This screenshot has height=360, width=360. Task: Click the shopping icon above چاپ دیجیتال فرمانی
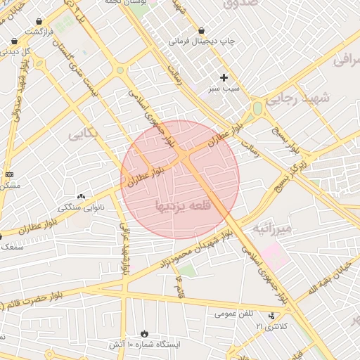point(202,30)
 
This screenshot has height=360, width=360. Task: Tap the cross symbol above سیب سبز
point(224,77)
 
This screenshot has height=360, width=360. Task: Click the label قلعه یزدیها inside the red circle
point(180,207)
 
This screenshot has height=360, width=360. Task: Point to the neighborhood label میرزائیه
point(272,229)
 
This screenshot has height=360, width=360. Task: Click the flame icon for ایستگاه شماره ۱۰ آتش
point(144,333)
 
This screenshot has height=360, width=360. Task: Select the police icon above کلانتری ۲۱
point(273,316)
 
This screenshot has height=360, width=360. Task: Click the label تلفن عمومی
point(233,313)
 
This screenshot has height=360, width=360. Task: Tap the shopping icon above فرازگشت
point(39,21)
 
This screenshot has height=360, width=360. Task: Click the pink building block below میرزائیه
point(275,255)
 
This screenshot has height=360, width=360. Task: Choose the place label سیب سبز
point(224,90)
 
